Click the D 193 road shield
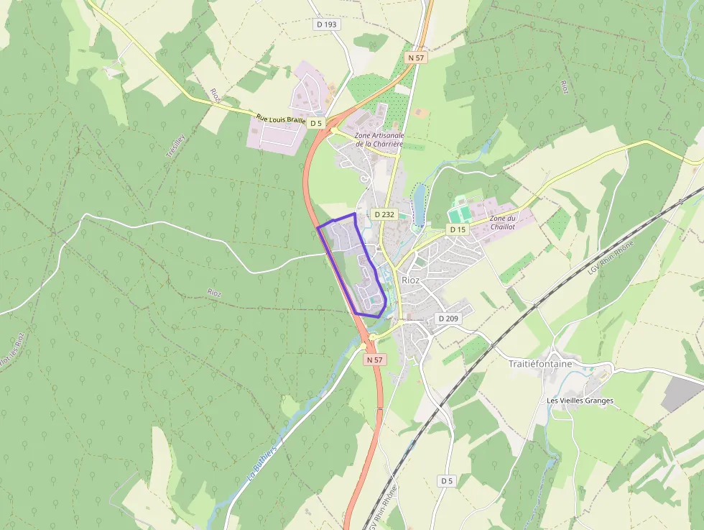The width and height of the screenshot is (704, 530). pyautogui.click(x=326, y=24)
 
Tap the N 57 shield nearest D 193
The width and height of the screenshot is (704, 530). pyautogui.click(x=416, y=57)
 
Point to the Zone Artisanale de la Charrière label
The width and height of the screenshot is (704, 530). pyautogui.click(x=380, y=140)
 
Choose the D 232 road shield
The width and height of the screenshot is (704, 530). pyautogui.click(x=384, y=214)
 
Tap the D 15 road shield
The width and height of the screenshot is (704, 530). pyautogui.click(x=458, y=229)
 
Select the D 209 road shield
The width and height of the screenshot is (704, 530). pyautogui.click(x=448, y=318)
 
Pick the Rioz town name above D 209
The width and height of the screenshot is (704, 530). pyautogui.click(x=411, y=280)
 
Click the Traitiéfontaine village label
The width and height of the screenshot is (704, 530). pyautogui.click(x=540, y=364)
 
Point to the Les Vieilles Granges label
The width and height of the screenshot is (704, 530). pyautogui.click(x=580, y=401)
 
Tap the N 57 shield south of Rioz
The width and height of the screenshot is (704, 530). pyautogui.click(x=374, y=359)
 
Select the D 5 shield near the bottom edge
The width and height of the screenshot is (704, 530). pyautogui.click(x=447, y=480)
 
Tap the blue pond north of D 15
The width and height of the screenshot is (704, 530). pyautogui.click(x=419, y=196)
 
